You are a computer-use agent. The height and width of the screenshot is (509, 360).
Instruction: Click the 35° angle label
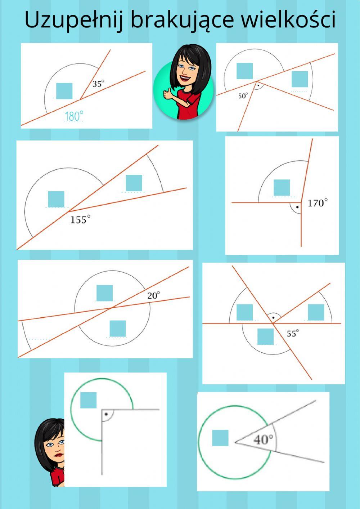pyautogui.click(x=98, y=84)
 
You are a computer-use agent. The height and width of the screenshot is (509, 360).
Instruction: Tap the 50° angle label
pyautogui.click(x=243, y=96)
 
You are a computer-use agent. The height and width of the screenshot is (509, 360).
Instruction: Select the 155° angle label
pyautogui.click(x=80, y=219)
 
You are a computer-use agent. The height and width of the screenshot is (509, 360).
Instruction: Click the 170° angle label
pyautogui.click(x=318, y=203)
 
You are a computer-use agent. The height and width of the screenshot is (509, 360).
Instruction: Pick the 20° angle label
pyautogui.click(x=153, y=295)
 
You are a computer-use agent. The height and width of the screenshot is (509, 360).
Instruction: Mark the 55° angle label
pyautogui.click(x=293, y=333)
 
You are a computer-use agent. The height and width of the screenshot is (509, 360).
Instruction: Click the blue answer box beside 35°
pyautogui.click(x=64, y=91)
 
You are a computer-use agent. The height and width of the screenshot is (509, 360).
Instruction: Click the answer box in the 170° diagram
pyautogui.click(x=282, y=187)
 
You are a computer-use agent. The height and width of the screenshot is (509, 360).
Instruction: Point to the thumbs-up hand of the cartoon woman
pyautogui.click(x=168, y=93)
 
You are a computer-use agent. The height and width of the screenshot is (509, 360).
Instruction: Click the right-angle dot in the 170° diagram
pyautogui.click(x=297, y=207)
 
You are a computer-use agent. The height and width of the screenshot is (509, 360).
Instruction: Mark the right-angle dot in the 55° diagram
pyautogui.click(x=274, y=317)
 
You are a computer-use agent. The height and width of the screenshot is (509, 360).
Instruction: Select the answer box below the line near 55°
pyautogui.click(x=266, y=336)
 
